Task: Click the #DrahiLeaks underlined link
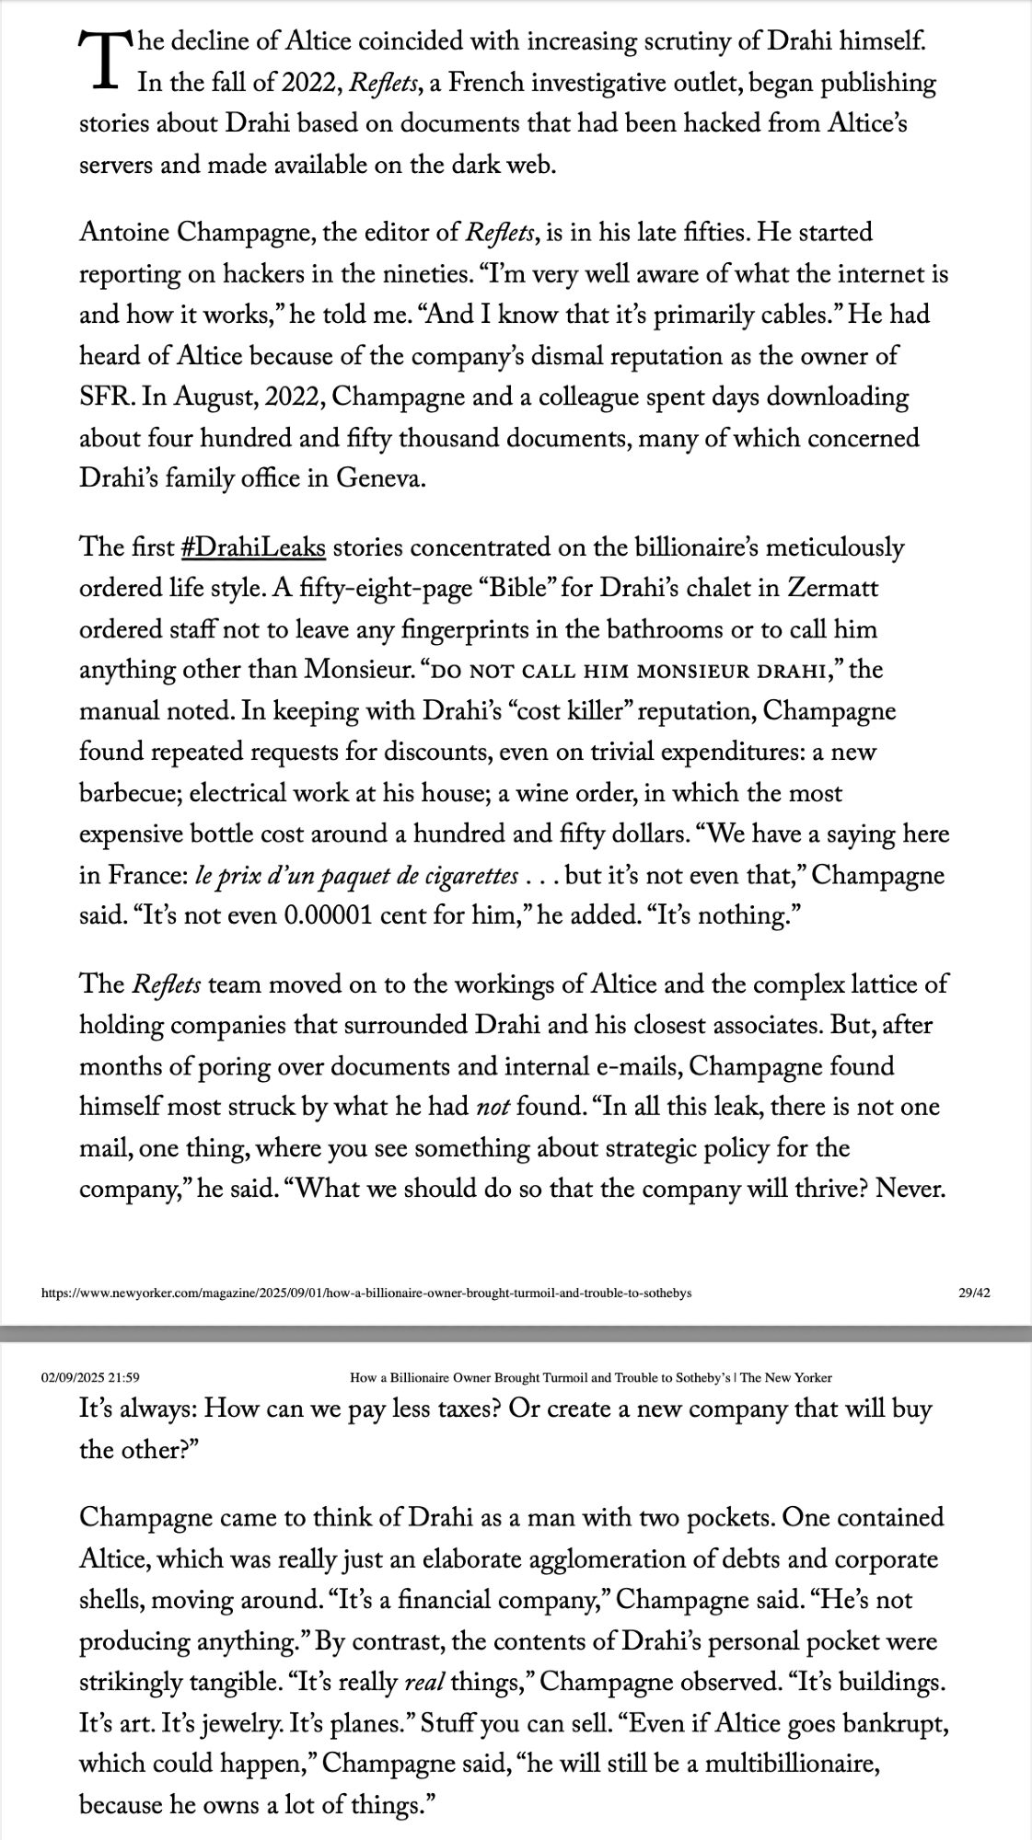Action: [253, 547]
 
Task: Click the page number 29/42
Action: [973, 1293]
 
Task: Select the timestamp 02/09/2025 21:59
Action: [90, 1377]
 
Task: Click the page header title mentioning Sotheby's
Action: [590, 1377]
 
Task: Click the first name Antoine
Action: [124, 233]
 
